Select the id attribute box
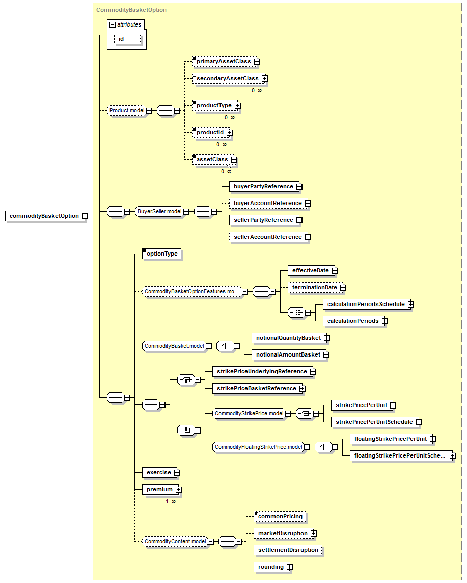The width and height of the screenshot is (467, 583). (x=128, y=39)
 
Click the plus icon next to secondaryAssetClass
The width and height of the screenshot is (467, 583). (x=265, y=79)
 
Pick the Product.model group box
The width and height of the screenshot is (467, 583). (x=127, y=110)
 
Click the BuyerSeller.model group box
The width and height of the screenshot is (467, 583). (x=159, y=212)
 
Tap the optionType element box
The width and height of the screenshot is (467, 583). (x=162, y=254)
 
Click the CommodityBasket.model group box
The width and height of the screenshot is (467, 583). (x=174, y=346)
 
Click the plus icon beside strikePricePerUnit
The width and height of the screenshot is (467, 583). (x=393, y=405)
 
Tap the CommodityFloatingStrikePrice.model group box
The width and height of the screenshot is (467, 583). (x=259, y=447)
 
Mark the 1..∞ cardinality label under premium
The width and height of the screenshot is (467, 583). (x=171, y=501)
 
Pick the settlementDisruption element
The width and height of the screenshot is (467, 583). (x=288, y=550)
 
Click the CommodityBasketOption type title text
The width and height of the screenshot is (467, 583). (x=131, y=10)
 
